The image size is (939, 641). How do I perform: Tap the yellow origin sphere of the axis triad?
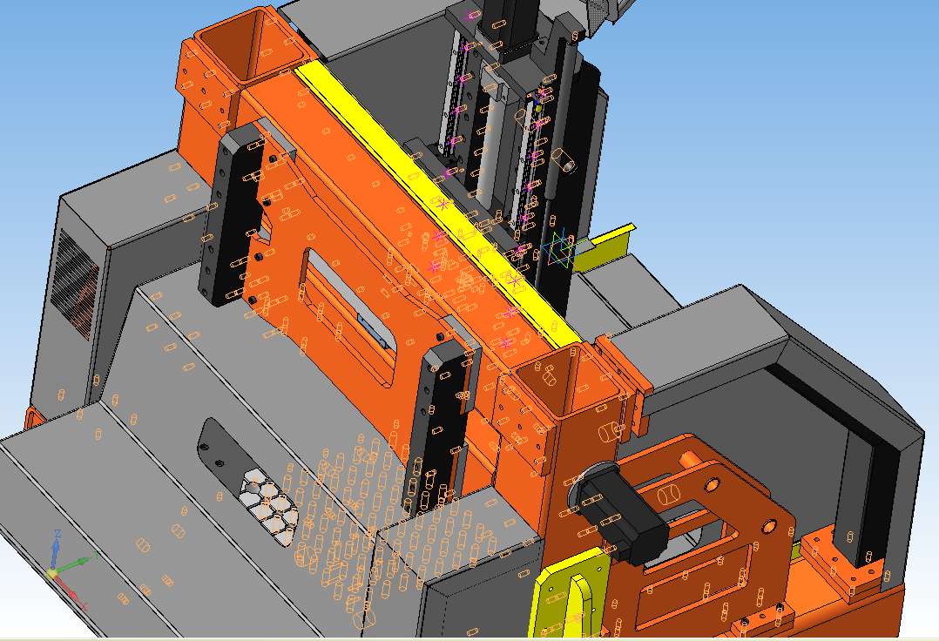pyautogui.click(x=52, y=573)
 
